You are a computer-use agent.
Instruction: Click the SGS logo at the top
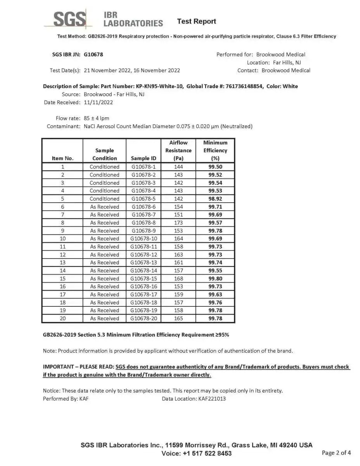69,19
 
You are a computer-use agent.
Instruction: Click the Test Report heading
196,21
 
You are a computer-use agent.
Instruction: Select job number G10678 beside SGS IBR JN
93,55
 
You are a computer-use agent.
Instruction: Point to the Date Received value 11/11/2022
99,103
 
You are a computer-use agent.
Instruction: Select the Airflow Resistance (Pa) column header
178,151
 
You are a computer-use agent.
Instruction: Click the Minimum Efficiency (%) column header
215,151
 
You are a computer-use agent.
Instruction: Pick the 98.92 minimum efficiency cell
215,199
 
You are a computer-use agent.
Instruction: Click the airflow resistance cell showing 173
178,223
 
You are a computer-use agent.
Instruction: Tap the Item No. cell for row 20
62,318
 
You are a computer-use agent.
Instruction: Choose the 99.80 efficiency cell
215,278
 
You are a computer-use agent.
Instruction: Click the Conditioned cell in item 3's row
104,183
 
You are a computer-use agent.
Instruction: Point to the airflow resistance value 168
178,278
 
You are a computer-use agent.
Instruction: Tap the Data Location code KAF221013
212,399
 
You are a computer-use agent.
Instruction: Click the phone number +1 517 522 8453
207,454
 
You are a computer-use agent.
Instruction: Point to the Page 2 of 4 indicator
336,453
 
